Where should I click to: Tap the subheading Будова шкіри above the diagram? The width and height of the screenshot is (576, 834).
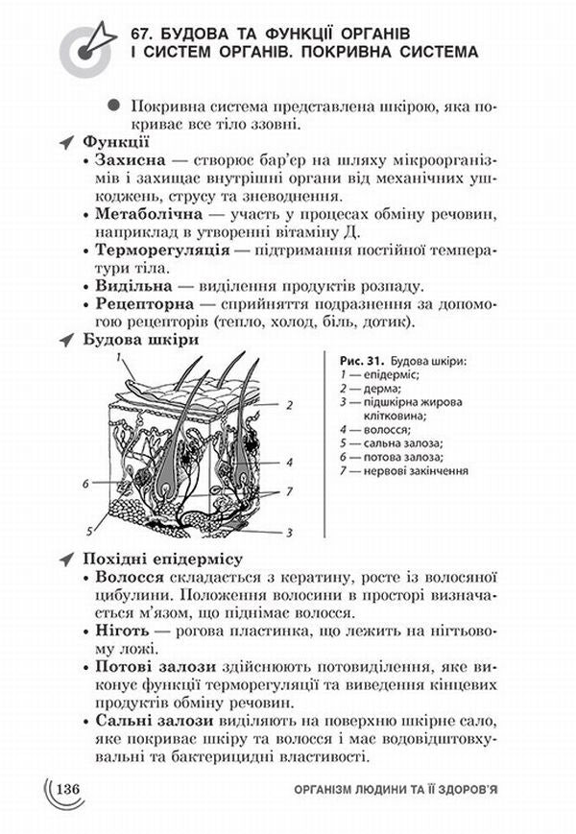point(142,341)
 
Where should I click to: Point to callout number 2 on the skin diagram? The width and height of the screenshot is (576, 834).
point(288,406)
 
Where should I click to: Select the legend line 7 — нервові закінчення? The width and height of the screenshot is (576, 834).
point(403,471)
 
